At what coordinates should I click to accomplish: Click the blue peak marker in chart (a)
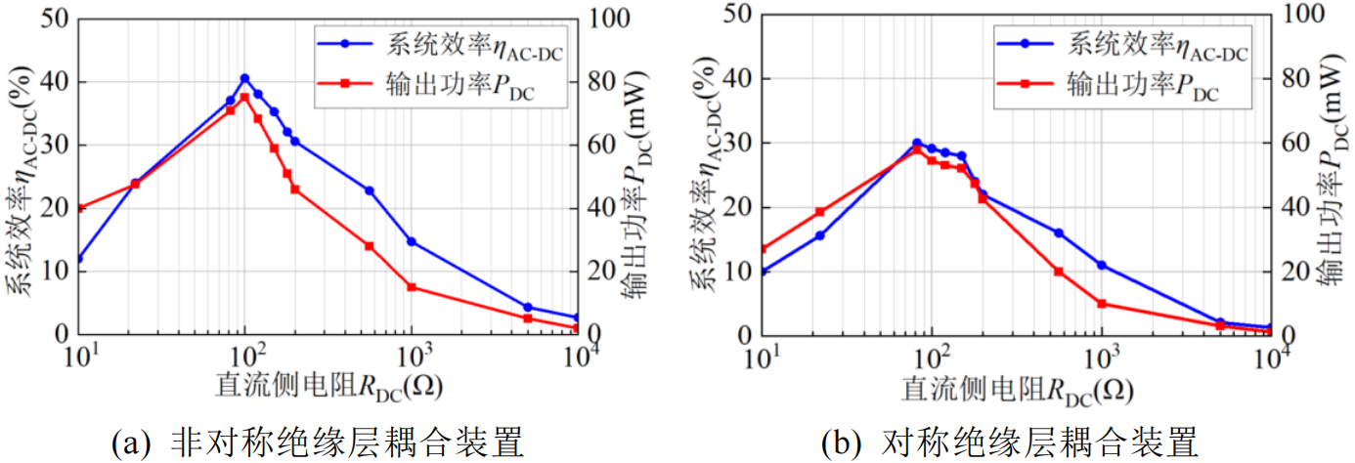(244, 78)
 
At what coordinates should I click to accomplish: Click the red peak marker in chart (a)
(244, 97)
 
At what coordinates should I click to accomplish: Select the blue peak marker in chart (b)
(917, 144)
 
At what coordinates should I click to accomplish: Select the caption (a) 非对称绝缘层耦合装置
(319, 442)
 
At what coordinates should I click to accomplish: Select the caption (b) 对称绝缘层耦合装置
(1008, 442)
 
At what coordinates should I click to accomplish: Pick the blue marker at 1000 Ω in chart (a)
(412, 241)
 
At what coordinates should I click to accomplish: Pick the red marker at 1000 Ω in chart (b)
(1102, 304)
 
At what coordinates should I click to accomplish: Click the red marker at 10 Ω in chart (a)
(79, 208)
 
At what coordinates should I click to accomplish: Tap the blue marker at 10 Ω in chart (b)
(763, 272)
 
